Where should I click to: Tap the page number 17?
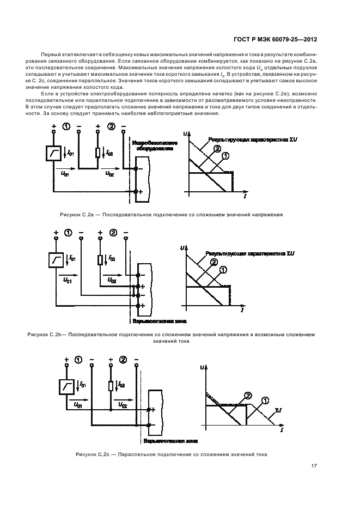tap(314, 466)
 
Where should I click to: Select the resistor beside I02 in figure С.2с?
tap(111, 386)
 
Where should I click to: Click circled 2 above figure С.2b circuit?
tap(113, 234)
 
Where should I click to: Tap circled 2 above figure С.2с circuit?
tap(123, 360)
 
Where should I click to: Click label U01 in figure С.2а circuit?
tap(65, 174)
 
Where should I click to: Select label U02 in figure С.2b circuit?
tap(113, 281)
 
